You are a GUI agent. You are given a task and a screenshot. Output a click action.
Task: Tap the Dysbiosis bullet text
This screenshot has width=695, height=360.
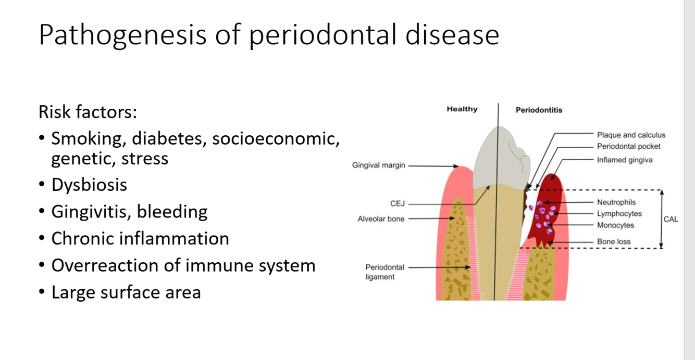pyautogui.click(x=89, y=185)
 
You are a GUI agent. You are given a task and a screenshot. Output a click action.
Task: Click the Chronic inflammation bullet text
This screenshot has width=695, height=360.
pyautogui.click(x=140, y=238)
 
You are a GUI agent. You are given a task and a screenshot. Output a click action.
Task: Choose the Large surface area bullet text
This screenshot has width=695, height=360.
pyautogui.click(x=126, y=292)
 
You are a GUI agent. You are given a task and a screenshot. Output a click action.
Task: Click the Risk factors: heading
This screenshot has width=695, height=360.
pyautogui.click(x=88, y=112)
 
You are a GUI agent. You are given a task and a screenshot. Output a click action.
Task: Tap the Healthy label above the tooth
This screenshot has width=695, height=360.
pyautogui.click(x=462, y=109)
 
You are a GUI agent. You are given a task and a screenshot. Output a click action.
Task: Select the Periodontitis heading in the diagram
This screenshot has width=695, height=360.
pyautogui.click(x=539, y=110)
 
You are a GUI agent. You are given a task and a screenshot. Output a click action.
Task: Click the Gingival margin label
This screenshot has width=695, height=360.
pyautogui.click(x=378, y=166)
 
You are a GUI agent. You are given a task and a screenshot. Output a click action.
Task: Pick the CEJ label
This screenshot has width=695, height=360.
pyautogui.click(x=398, y=203)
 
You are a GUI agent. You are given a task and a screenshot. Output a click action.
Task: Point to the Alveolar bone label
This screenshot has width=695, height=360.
pyautogui.click(x=381, y=219)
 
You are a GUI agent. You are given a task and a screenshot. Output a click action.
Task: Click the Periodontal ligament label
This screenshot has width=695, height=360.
pyautogui.click(x=384, y=272)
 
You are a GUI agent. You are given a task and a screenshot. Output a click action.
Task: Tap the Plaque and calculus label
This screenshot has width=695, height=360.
pyautogui.click(x=631, y=135)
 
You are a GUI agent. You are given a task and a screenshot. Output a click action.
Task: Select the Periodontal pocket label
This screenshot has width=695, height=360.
pyautogui.click(x=628, y=146)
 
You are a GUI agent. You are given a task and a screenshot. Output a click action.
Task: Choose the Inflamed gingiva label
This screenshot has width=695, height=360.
pyautogui.click(x=624, y=160)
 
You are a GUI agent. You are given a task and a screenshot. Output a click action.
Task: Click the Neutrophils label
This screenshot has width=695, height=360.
pyautogui.click(x=616, y=202)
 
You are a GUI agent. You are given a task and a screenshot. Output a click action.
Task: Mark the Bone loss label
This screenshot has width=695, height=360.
pyautogui.click(x=614, y=241)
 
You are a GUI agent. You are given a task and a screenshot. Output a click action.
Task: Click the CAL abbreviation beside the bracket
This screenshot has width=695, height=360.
pyautogui.click(x=671, y=219)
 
